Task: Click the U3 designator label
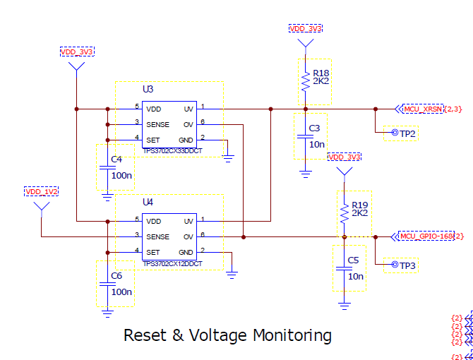[x=148, y=90]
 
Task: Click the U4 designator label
[x=148, y=203]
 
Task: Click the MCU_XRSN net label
[x=422, y=109]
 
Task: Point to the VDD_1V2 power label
[x=42, y=191]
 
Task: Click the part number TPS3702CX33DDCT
[x=172, y=150]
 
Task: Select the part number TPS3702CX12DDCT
[x=172, y=263]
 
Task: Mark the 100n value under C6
[x=121, y=292]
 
